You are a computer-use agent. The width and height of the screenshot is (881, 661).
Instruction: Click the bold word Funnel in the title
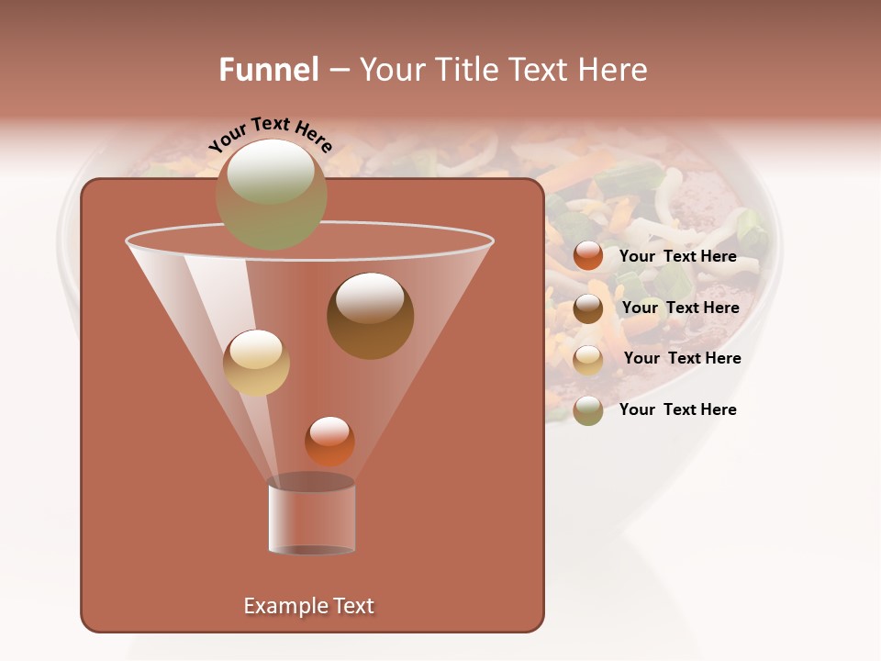click(x=269, y=70)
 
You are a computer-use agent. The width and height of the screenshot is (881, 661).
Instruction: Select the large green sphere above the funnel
click(x=271, y=194)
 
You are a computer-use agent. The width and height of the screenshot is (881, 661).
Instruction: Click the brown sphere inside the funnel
click(x=370, y=316)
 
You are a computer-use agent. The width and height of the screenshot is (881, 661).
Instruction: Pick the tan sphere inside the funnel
click(x=256, y=363)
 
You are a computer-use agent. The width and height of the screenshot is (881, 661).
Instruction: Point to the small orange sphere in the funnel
click(x=329, y=441)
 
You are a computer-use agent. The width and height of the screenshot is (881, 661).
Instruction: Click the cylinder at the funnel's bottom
click(x=311, y=516)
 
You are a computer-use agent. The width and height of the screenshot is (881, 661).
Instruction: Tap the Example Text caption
click(x=308, y=606)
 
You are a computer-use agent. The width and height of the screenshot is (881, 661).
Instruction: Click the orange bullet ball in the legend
click(x=588, y=256)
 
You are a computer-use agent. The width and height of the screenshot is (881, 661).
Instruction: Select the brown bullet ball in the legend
click(x=588, y=308)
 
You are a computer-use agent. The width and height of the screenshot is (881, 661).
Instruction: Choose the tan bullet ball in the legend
click(x=588, y=360)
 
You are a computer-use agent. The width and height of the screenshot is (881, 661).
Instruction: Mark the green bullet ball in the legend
click(x=588, y=410)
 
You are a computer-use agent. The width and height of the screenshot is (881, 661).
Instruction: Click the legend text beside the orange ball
click(x=677, y=256)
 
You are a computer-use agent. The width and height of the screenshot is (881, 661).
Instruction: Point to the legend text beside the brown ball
click(x=680, y=308)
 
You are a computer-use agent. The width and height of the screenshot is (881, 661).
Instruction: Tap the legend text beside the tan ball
click(x=682, y=358)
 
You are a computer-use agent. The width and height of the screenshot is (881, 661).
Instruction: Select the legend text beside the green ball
click(x=677, y=409)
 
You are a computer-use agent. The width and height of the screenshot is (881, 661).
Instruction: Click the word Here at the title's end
click(x=616, y=70)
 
